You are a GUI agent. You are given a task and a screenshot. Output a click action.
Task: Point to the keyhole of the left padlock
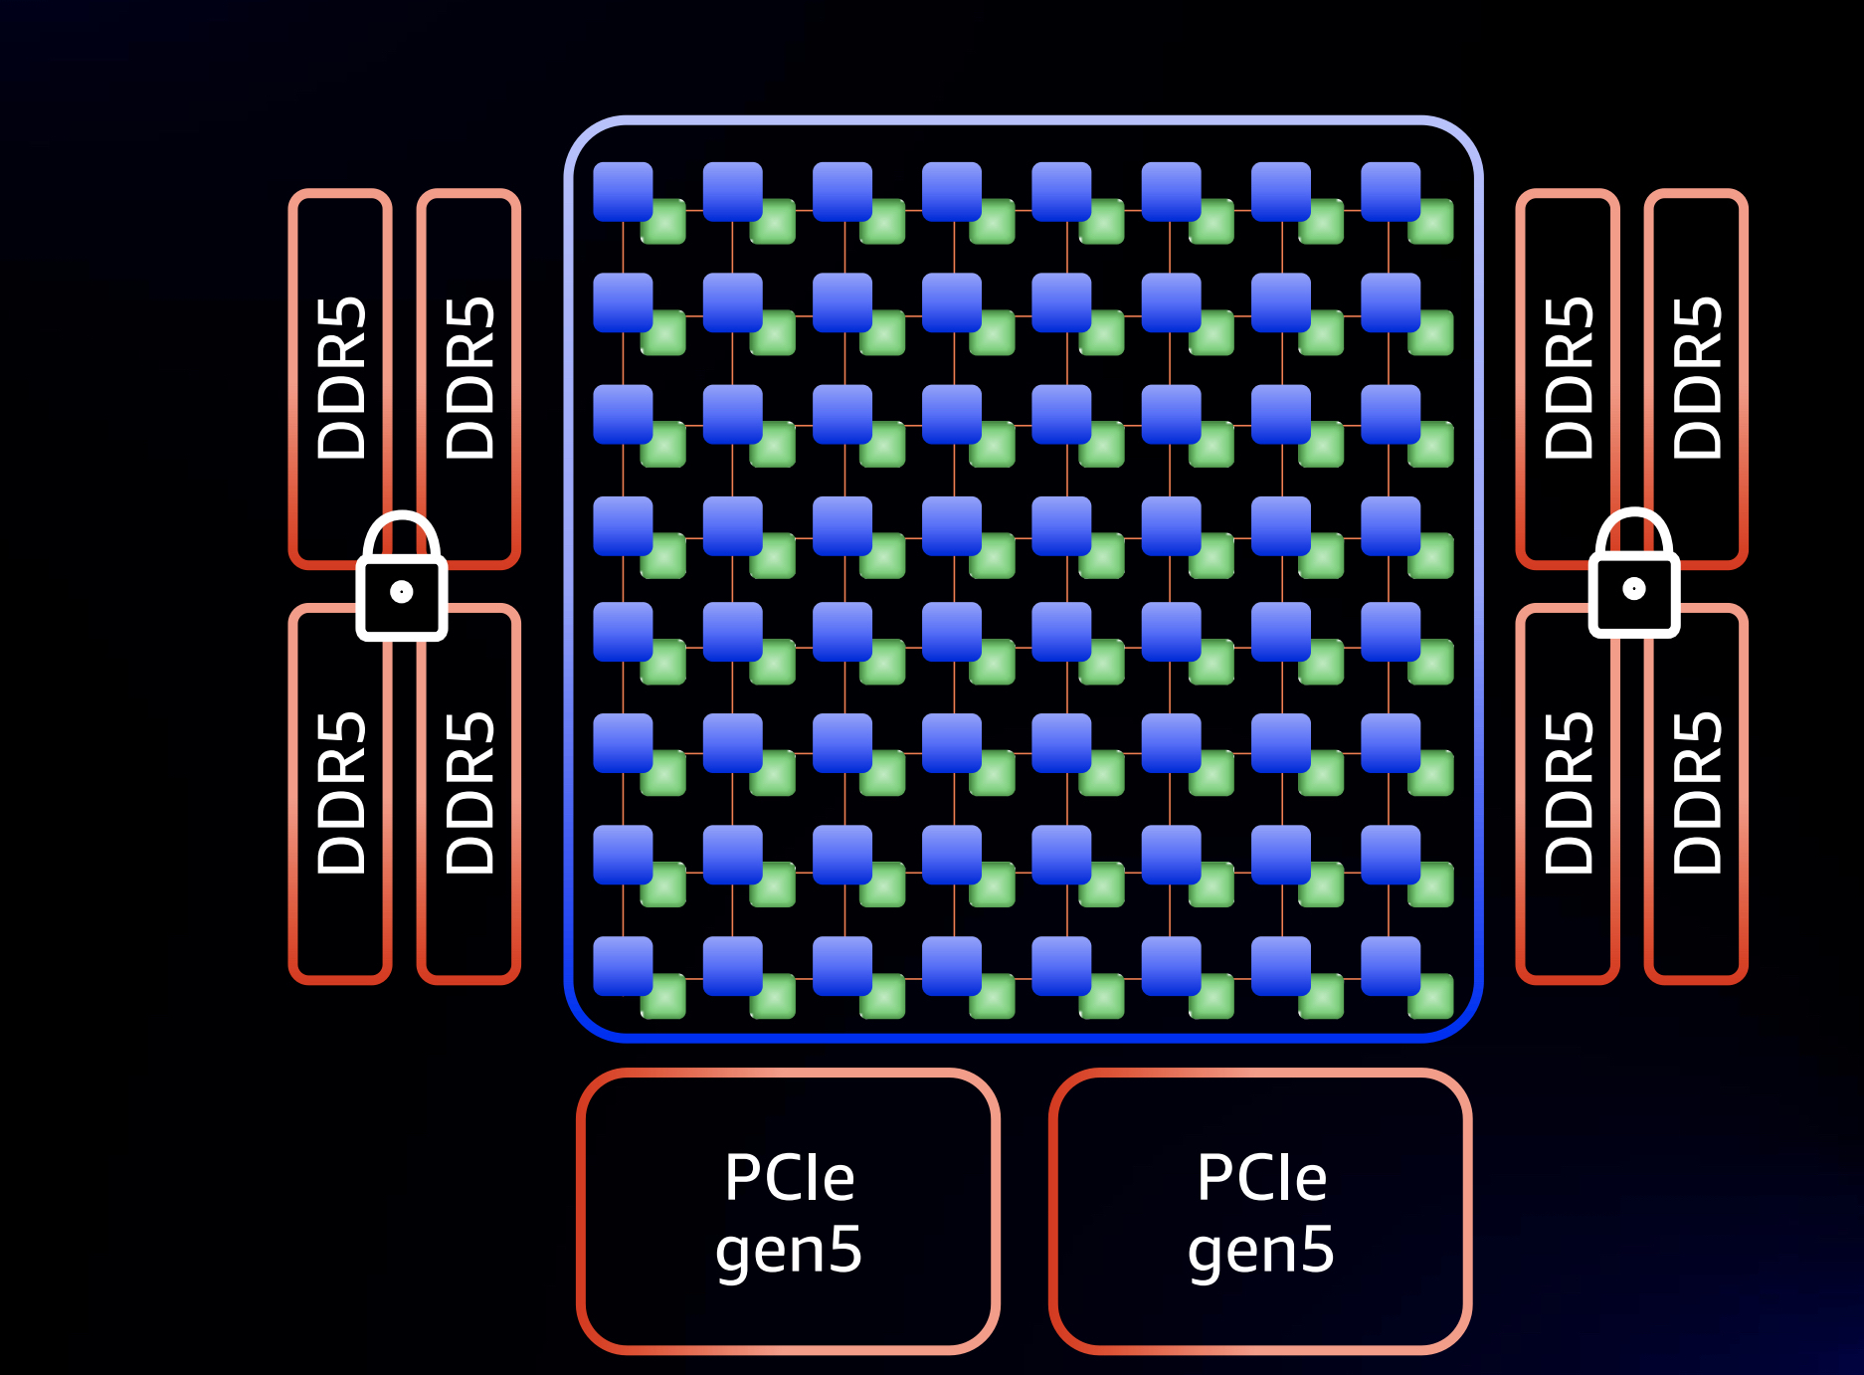(x=402, y=593)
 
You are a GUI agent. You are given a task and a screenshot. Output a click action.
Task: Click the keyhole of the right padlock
(x=1634, y=589)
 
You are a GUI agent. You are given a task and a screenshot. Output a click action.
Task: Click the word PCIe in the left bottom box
(x=789, y=1178)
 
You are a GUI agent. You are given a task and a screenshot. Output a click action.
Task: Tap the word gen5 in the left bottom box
(x=789, y=1250)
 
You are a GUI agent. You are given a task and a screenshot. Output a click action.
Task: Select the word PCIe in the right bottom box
(x=1261, y=1178)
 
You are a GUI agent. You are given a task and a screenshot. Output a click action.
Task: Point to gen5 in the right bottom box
(x=1261, y=1250)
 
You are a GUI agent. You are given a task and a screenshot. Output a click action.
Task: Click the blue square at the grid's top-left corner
(x=623, y=191)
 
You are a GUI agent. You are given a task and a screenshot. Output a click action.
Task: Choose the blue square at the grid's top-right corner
(x=1390, y=191)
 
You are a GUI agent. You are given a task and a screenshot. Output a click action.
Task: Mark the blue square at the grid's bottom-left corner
(x=623, y=965)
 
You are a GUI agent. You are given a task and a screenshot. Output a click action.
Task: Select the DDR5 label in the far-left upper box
(x=341, y=378)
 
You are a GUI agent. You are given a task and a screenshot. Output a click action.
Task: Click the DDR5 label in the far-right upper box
(x=1697, y=378)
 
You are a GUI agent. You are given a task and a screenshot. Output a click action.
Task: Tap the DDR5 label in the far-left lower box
(x=341, y=793)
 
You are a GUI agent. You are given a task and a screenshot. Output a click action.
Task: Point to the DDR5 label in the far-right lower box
(x=1697, y=793)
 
